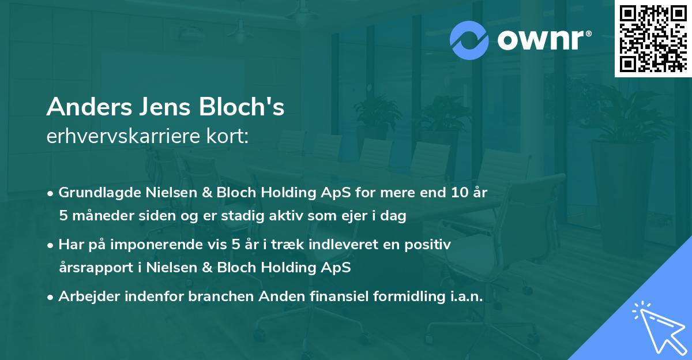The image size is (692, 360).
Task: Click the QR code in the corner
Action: coord(652,39)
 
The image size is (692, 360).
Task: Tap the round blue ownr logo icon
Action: coord(469,40)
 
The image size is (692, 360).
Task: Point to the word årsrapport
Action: coord(92,268)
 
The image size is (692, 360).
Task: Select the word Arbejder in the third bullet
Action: coord(86,297)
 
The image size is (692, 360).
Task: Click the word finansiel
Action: coord(326,297)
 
